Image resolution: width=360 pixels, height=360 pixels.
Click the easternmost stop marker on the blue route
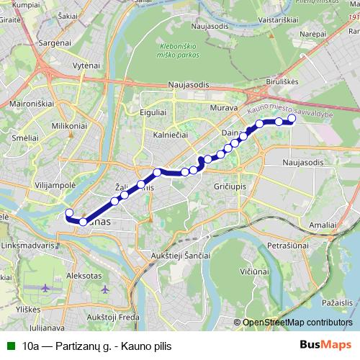coord(292,118)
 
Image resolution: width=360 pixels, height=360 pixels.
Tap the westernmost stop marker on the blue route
coord(69,212)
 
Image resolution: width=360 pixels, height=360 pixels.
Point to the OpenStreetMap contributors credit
coord(297,323)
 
